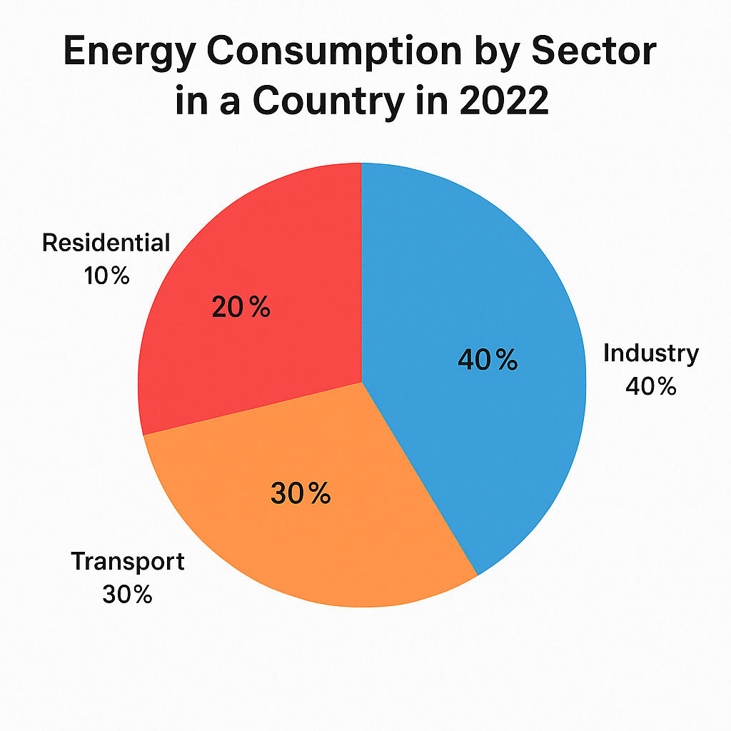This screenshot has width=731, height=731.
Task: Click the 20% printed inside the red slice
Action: point(241,308)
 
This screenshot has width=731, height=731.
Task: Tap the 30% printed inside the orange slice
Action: point(301,493)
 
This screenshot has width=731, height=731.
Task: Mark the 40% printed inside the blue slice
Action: point(488,361)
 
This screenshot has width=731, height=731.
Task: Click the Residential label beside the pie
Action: point(106,243)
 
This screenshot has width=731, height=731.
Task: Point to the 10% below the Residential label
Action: point(106,276)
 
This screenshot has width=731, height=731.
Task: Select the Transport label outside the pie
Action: point(128,562)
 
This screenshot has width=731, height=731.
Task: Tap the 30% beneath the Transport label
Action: point(127,595)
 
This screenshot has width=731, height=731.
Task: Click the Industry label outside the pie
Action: point(651,353)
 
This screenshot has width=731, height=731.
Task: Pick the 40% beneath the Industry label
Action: point(650,386)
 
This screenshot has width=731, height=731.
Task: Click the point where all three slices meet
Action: point(362,382)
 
